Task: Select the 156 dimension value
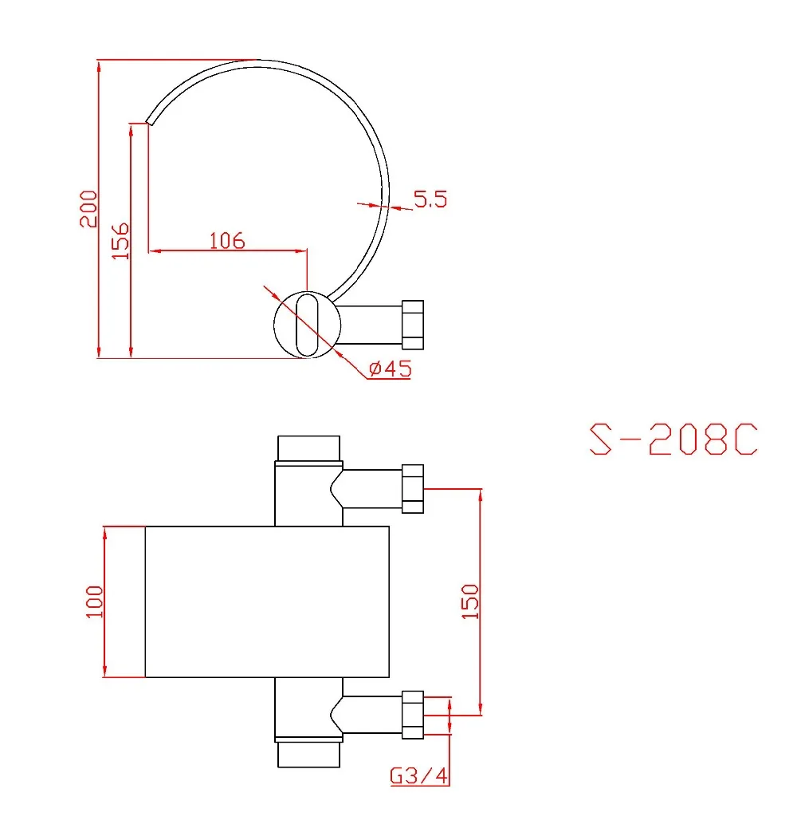click(x=120, y=240)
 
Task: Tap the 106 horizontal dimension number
click(x=226, y=240)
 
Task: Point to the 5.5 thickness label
click(x=430, y=199)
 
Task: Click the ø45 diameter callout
click(x=389, y=369)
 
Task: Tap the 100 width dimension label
click(x=95, y=601)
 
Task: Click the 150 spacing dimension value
click(x=470, y=601)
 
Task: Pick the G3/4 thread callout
click(x=418, y=775)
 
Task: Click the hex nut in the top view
click(x=412, y=325)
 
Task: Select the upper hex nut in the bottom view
click(x=412, y=488)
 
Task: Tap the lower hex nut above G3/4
click(x=412, y=714)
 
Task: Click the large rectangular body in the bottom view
click(x=266, y=601)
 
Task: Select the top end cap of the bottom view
click(x=309, y=448)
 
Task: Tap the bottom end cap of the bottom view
click(x=309, y=754)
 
